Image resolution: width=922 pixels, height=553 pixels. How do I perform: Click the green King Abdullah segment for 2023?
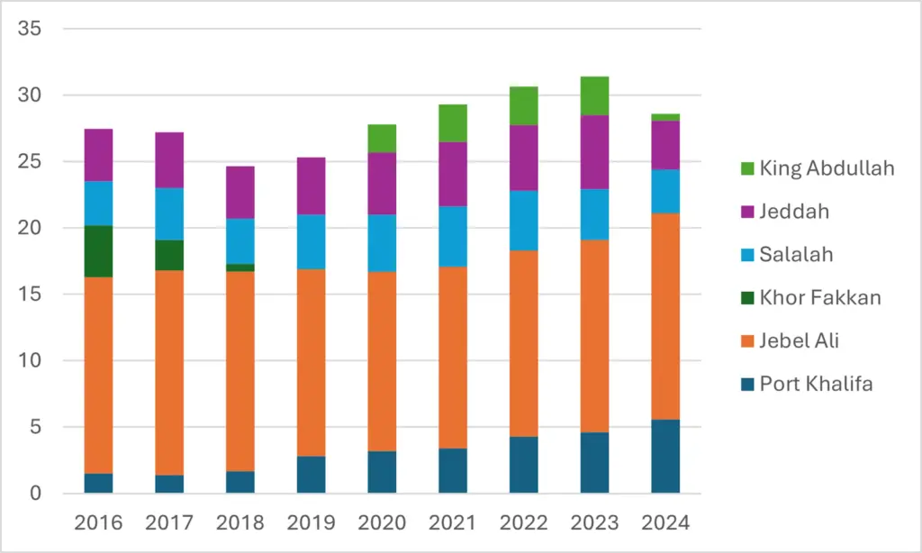point(594,95)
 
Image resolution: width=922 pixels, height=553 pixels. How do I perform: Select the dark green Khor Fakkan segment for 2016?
point(99,251)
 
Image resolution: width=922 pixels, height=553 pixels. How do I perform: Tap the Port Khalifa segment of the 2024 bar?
point(665,456)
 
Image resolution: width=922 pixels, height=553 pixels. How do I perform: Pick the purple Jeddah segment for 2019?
point(311,186)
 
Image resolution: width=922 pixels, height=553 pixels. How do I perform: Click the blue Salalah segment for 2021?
point(453,237)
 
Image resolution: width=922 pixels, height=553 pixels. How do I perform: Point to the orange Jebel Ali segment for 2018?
point(240,371)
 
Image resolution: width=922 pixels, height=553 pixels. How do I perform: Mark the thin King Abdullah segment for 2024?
point(665,117)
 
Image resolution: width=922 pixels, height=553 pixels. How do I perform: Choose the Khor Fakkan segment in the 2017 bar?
point(169,255)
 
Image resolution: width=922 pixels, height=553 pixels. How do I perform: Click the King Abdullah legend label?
point(827,168)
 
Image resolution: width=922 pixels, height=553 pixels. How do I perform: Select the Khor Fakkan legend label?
point(820,298)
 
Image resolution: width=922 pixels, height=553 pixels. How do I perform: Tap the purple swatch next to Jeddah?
point(747,212)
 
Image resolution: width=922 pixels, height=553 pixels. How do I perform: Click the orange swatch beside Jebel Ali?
point(747,341)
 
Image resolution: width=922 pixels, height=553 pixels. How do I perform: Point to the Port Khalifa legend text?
point(816,385)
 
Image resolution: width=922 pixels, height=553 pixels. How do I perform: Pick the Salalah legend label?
point(796,255)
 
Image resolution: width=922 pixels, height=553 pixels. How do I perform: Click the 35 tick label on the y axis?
point(30,28)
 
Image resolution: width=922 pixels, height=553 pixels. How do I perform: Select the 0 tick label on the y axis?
point(36,493)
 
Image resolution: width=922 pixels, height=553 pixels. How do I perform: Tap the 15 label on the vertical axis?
point(30,294)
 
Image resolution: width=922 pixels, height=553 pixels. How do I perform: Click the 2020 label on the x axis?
point(382,522)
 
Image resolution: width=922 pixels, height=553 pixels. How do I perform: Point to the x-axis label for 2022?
point(524,522)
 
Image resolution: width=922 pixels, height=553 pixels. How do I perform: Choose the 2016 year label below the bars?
point(99,522)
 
